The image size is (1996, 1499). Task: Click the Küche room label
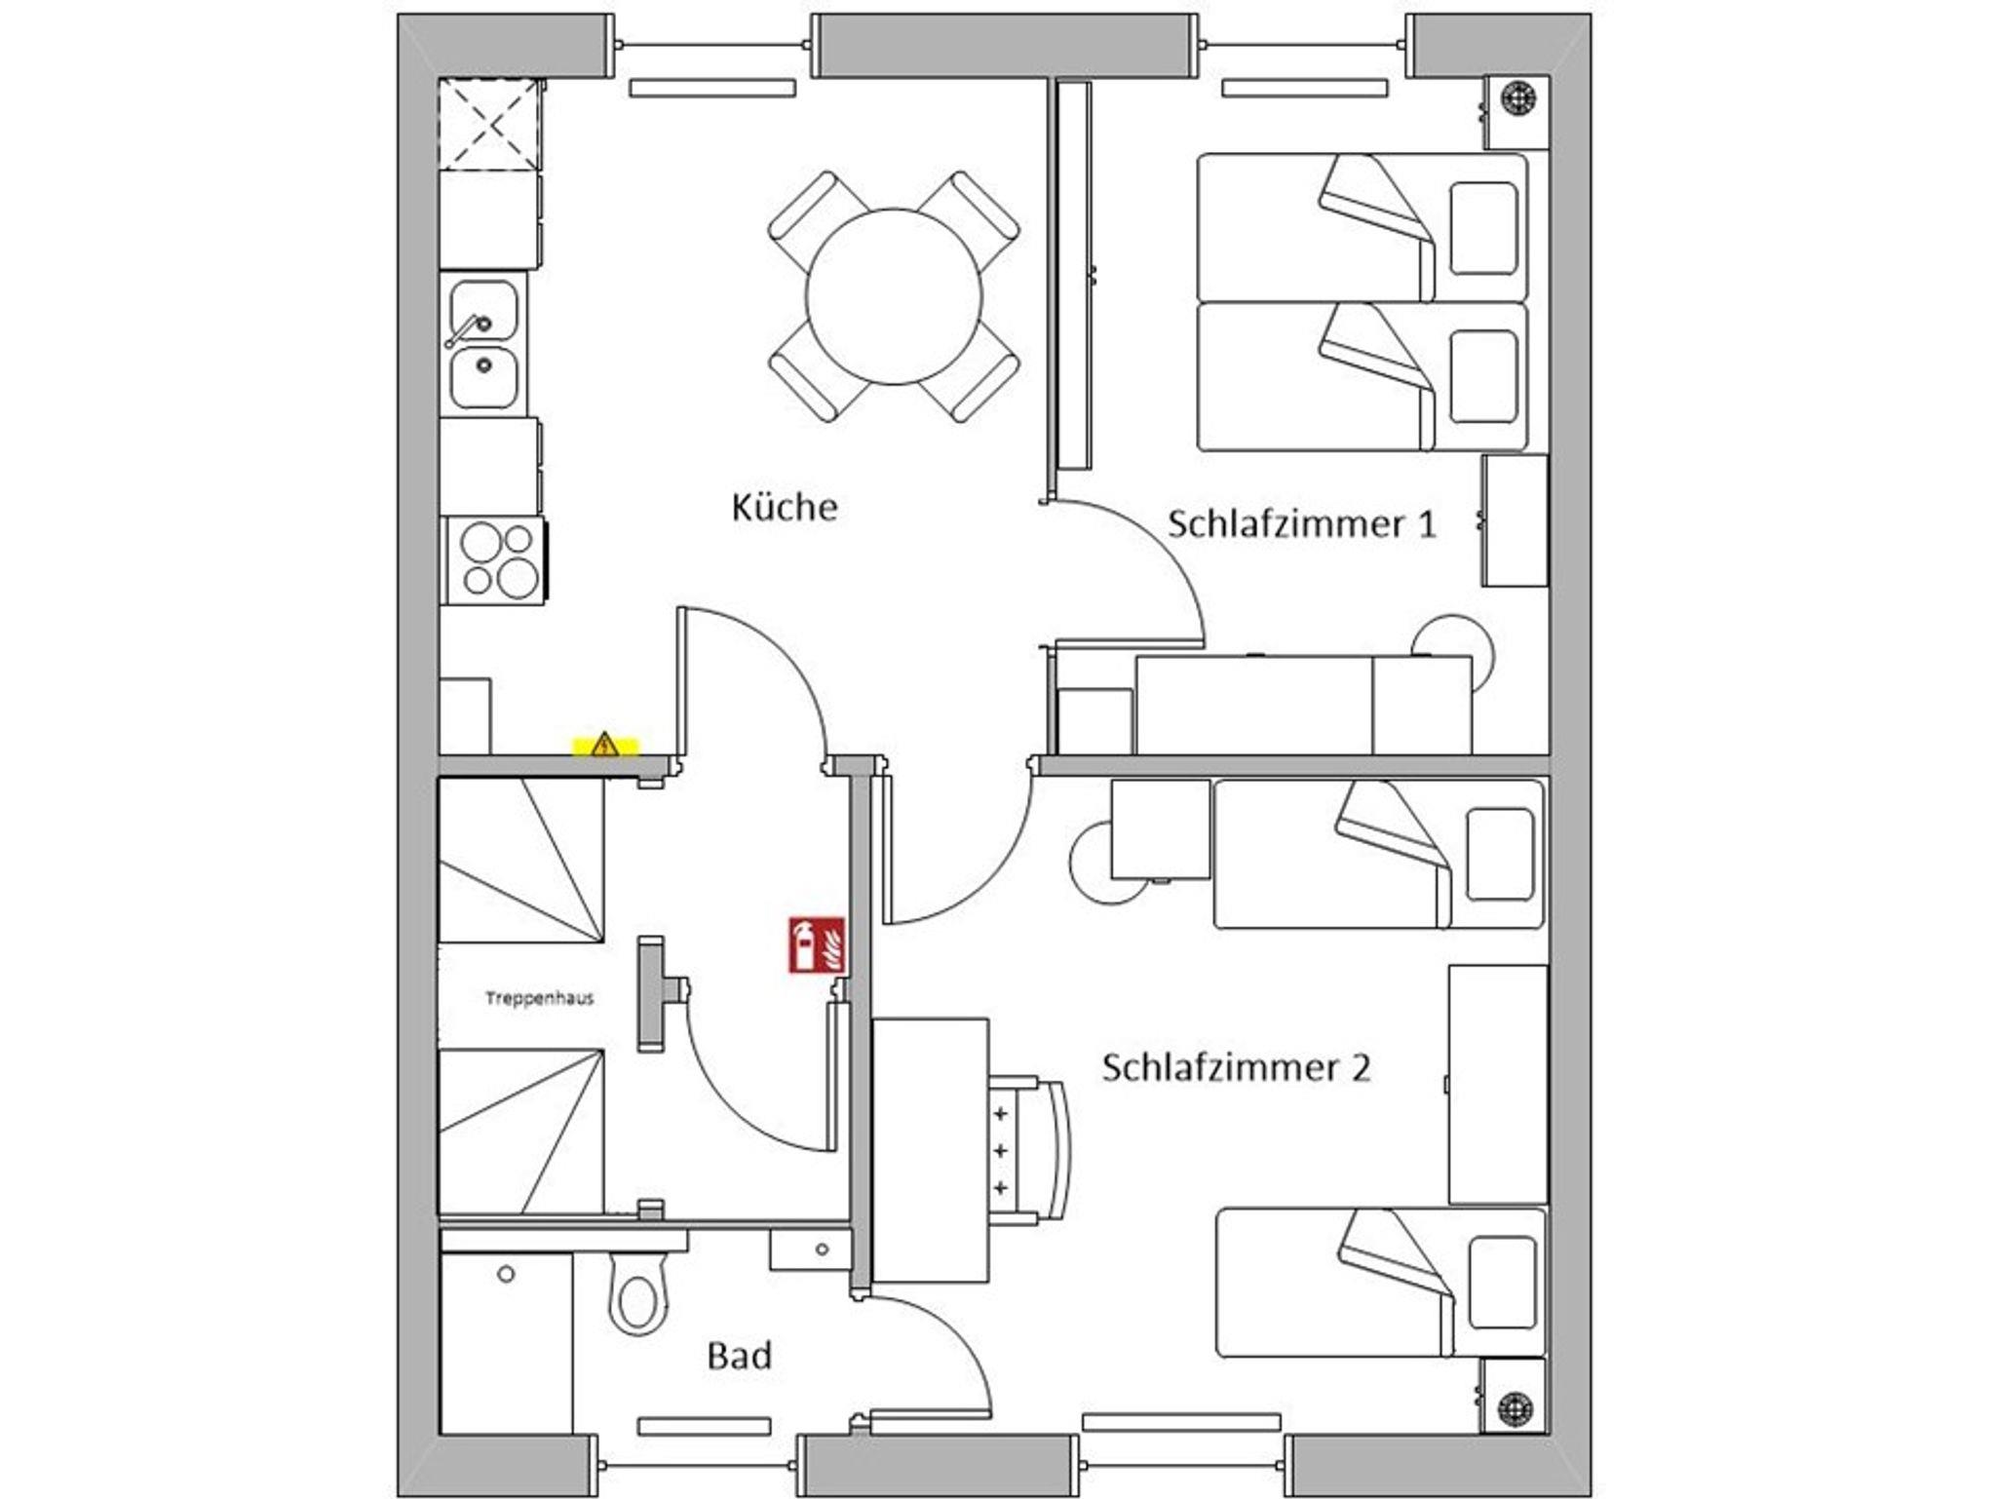click(785, 507)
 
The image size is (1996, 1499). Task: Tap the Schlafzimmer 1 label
click(1302, 524)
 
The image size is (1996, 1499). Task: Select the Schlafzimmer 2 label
click(1236, 1067)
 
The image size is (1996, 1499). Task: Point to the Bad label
click(740, 1355)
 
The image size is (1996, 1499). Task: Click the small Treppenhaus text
click(540, 998)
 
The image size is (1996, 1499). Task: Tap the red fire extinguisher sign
click(817, 944)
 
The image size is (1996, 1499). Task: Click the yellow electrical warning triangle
click(605, 746)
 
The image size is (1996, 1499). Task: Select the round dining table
click(894, 296)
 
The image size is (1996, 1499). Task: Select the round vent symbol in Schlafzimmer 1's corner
click(1517, 98)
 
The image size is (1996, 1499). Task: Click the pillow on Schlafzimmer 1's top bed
click(1482, 228)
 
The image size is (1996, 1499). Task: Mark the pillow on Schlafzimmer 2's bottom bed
click(1500, 1283)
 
